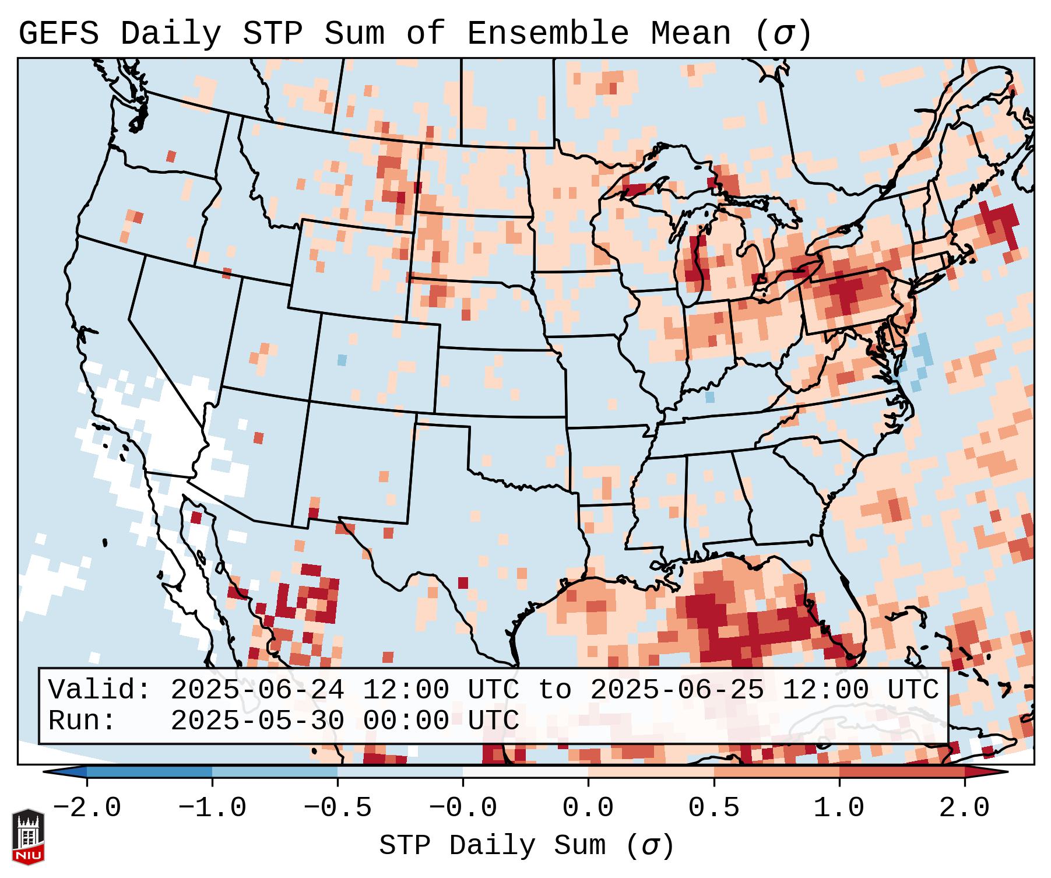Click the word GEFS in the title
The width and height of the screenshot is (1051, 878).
58,34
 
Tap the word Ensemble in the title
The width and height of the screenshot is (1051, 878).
547,34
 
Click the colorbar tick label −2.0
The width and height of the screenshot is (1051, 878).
87,808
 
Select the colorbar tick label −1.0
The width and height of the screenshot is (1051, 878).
212,808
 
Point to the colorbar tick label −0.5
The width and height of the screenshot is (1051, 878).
338,808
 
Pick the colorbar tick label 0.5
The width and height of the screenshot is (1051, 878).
713,808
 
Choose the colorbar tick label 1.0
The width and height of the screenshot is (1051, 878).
839,808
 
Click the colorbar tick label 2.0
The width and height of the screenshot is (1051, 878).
964,808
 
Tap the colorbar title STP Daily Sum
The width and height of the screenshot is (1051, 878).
492,845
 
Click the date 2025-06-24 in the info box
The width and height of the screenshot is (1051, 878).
257,690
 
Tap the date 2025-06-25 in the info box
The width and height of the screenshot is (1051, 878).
677,690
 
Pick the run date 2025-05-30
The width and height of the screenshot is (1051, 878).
257,721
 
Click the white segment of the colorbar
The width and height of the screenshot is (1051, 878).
525,772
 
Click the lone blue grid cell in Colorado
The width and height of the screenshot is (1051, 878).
342,360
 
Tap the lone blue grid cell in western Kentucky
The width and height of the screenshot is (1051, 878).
709,397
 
